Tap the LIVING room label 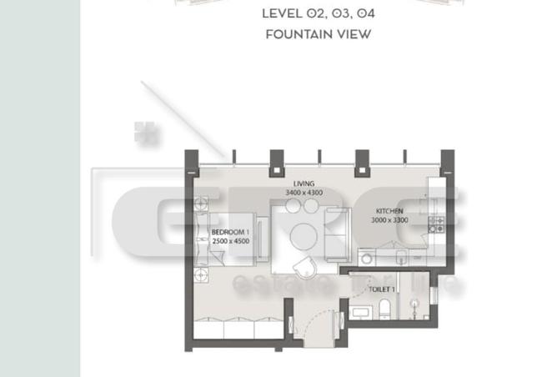304,183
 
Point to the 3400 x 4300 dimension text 304,193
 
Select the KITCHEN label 389,211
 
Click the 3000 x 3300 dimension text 389,221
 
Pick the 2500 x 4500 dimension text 230,241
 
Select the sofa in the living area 335,234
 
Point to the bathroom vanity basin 361,312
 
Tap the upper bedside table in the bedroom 201,202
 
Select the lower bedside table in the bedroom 201,274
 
